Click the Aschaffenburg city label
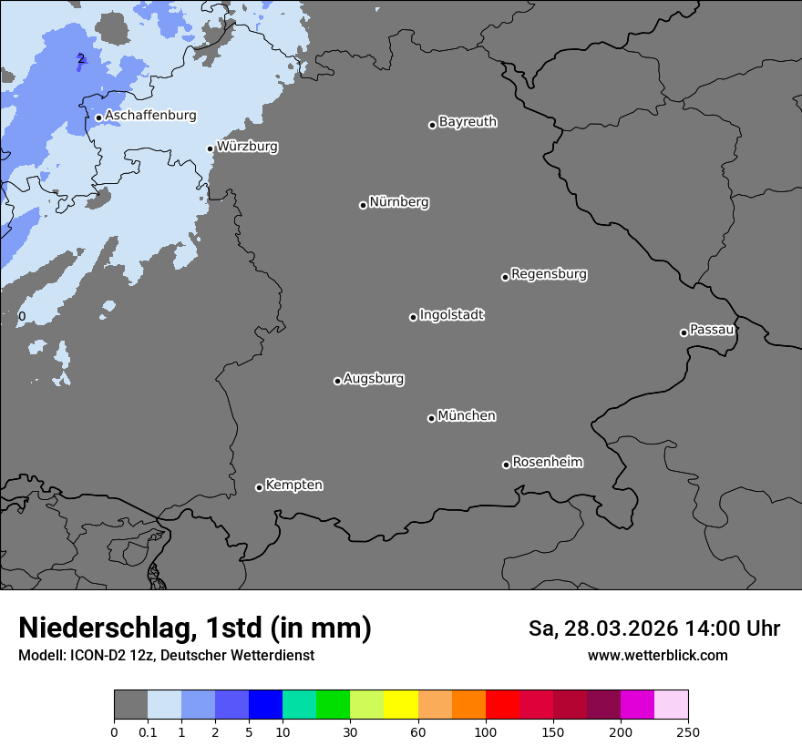click(150, 116)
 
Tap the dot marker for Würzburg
click(211, 148)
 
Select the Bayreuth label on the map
click(468, 122)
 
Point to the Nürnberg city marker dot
click(363, 205)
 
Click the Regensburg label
click(549, 274)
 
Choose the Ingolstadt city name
click(451, 315)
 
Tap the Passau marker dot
click(684, 332)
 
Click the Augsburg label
click(374, 379)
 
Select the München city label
click(467, 416)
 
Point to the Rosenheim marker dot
click(506, 465)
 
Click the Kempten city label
click(293, 485)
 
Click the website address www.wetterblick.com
click(657, 655)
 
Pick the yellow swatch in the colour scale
click(401, 705)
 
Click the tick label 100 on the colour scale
click(486, 730)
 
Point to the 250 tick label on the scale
click(688, 730)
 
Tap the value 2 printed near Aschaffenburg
click(80, 59)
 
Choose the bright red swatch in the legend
click(502, 705)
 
